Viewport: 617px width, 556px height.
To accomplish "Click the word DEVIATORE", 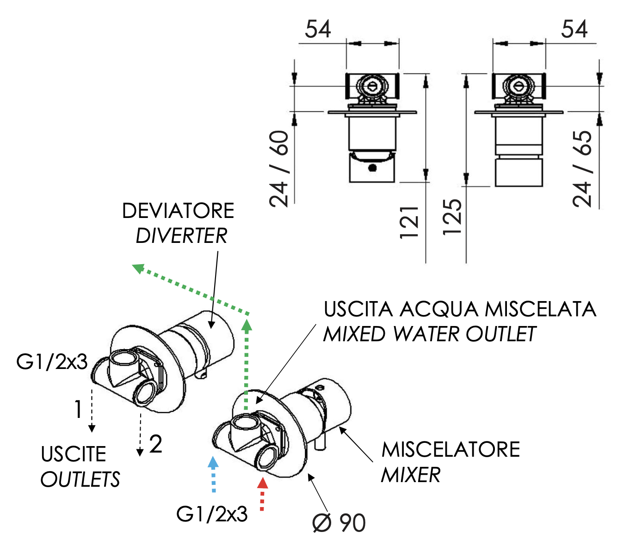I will pyautogui.click(x=178, y=211).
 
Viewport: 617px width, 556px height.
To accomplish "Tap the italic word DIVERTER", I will pyautogui.click(x=181, y=236).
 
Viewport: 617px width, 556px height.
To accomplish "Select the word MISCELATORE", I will pyautogui.click(x=450, y=449).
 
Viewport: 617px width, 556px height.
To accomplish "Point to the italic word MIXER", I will pyautogui.click(x=411, y=475).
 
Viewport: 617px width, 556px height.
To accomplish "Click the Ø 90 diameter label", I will pyautogui.click(x=339, y=523).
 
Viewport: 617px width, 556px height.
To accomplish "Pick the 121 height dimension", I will pyautogui.click(x=409, y=223).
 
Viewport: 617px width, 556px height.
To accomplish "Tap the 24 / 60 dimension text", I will pyautogui.click(x=279, y=169).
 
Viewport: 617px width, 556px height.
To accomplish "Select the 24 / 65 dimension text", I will pyautogui.click(x=582, y=169).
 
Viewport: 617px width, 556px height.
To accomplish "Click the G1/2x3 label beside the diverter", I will pyautogui.click(x=52, y=362).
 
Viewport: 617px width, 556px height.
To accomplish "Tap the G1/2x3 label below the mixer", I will pyautogui.click(x=212, y=514).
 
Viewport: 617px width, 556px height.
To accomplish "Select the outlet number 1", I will pyautogui.click(x=78, y=409).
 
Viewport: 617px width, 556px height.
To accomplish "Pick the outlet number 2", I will pyautogui.click(x=156, y=444).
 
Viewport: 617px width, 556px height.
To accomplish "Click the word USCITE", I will pyautogui.click(x=74, y=454).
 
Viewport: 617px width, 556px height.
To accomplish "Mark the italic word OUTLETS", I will pyautogui.click(x=80, y=479).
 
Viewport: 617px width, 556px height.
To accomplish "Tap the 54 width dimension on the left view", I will pyautogui.click(x=318, y=30).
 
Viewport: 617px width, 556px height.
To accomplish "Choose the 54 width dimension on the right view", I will pyautogui.click(x=574, y=30).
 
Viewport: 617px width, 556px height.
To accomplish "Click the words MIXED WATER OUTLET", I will pyautogui.click(x=430, y=334).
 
